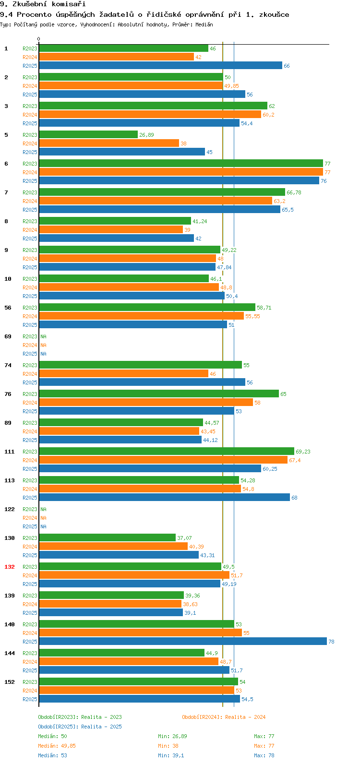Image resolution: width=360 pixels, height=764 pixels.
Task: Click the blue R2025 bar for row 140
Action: click(182, 642)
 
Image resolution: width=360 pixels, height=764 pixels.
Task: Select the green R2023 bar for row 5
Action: click(88, 135)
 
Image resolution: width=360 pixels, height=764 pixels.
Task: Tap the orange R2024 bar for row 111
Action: click(163, 460)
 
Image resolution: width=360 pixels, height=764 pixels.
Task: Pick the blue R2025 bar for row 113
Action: click(164, 498)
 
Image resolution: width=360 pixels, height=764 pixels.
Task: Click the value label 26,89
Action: click(146, 135)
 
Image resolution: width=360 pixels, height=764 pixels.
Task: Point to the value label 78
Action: click(331, 642)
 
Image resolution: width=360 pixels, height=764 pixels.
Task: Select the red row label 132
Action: click(10, 567)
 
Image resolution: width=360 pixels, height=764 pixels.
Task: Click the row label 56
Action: click(8, 308)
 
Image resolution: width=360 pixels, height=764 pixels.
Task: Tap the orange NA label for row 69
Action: click(43, 345)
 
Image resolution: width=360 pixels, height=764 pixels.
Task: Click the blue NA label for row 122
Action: click(43, 526)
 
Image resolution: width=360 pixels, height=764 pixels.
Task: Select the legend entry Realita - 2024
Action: click(224, 717)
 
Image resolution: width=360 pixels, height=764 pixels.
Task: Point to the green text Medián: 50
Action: click(52, 736)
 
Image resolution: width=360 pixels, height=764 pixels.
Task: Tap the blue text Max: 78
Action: click(264, 755)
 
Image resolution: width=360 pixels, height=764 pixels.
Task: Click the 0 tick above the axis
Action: click(39, 39)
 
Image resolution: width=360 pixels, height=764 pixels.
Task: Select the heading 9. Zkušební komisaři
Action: click(43, 4)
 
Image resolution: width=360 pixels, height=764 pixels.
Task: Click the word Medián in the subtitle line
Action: click(204, 24)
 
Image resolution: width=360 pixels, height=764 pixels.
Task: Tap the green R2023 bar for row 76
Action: click(158, 394)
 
